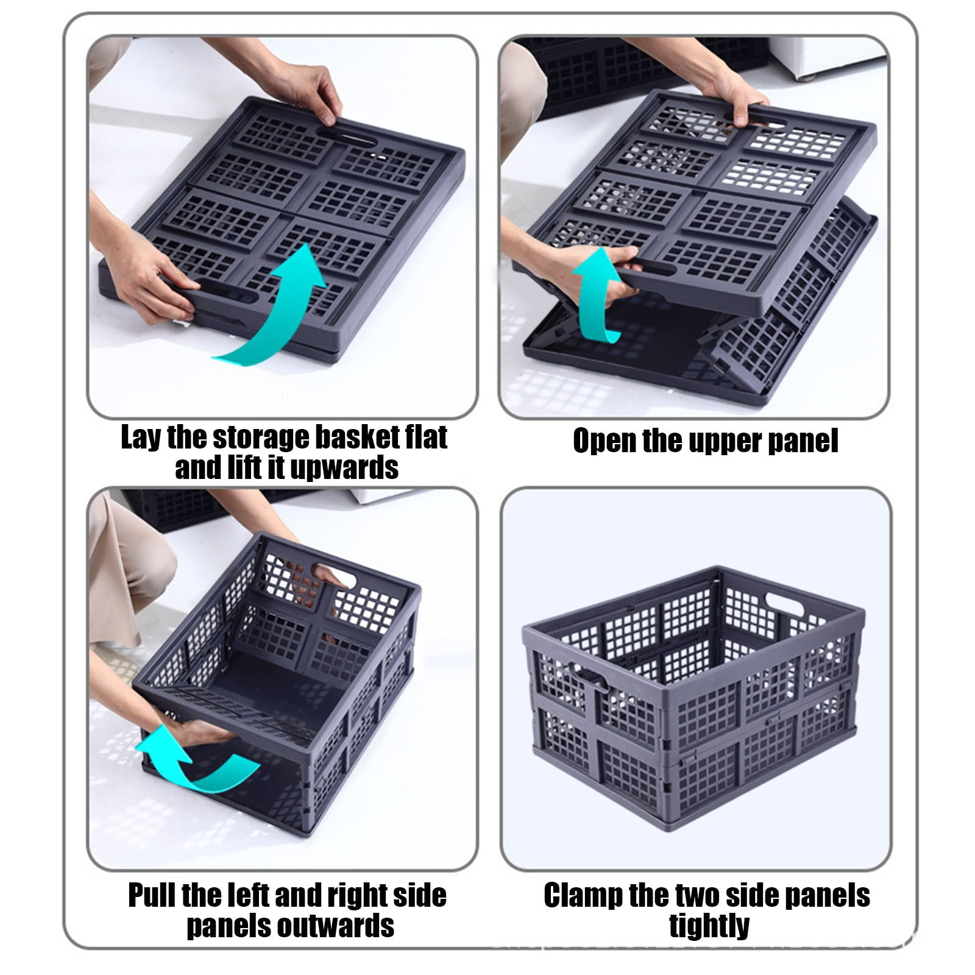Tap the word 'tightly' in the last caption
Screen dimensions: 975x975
click(x=709, y=926)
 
